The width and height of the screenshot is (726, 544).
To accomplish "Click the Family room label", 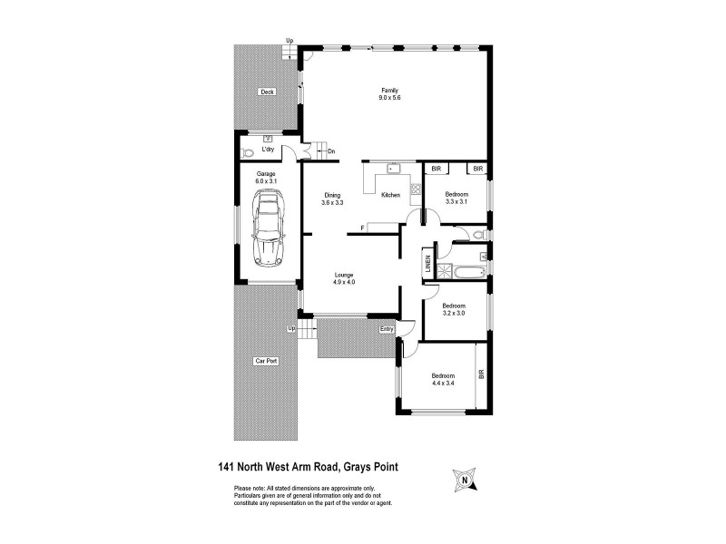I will (389, 91).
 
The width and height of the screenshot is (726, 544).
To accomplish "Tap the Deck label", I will (267, 92).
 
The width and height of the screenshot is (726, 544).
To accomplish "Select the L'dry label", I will (268, 149).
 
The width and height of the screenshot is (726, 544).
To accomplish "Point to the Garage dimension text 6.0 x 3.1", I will (266, 180).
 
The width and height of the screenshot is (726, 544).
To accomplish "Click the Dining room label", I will (332, 195).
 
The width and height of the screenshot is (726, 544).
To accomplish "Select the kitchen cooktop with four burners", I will (415, 190).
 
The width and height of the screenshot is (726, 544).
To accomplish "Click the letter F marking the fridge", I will (363, 227).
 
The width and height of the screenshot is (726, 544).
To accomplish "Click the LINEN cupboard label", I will (427, 265).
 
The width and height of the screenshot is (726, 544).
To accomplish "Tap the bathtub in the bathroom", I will (465, 270).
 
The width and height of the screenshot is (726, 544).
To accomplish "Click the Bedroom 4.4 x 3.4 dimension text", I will (443, 384).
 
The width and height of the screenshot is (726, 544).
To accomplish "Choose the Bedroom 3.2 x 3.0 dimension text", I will (454, 313).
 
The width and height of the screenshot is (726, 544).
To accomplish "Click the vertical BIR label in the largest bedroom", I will (482, 373).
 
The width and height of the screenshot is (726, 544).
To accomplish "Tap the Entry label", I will (388, 328).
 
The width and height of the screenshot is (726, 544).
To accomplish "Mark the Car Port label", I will (266, 361).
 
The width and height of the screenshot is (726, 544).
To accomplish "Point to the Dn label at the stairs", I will (331, 151).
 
